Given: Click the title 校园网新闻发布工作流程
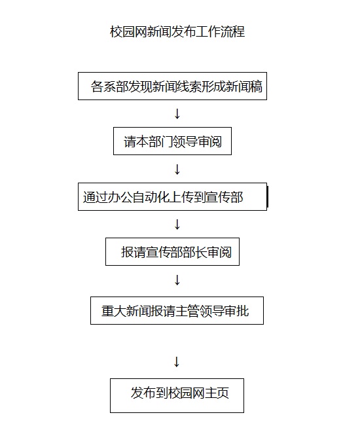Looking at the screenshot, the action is coord(177,31).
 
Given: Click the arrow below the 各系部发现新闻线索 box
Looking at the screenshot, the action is coord(177,113).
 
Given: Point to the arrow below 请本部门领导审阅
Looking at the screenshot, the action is coord(177,169).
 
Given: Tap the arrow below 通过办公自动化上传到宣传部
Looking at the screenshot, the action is coord(177,225).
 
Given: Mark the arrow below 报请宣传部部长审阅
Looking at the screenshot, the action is coord(177,280).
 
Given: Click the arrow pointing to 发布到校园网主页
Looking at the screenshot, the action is coord(177,362).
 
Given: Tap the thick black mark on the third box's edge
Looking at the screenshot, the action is coord(267,196).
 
